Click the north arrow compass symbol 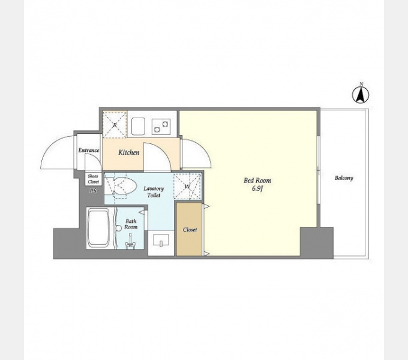(361, 94)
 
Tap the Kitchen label (129, 152)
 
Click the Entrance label (89, 151)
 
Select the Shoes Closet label (93, 179)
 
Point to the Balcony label (344, 178)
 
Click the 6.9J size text (257, 188)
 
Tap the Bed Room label (257, 181)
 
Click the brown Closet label (190, 230)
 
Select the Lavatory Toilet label (154, 192)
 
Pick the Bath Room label (131, 224)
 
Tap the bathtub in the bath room (98, 229)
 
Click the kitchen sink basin (138, 127)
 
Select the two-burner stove (161, 127)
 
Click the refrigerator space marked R (115, 125)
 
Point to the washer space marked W (187, 186)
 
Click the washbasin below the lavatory (161, 240)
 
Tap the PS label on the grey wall (93, 191)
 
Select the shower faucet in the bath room (130, 242)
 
